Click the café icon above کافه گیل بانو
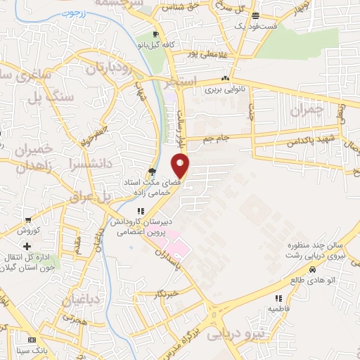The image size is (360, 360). (x=157, y=33)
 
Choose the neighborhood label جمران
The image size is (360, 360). (x=309, y=110)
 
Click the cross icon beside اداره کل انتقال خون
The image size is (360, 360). (x=27, y=247)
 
